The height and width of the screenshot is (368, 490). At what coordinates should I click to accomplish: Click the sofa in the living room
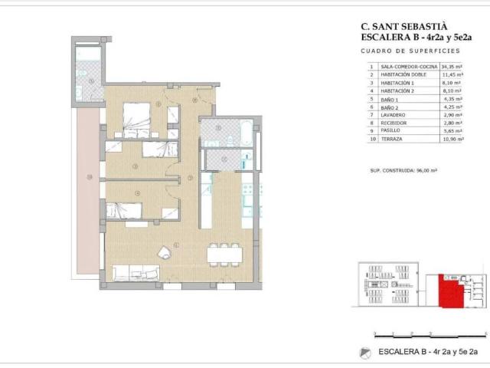pos(136,271)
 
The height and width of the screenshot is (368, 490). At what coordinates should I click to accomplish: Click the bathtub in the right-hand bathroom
pos(229,129)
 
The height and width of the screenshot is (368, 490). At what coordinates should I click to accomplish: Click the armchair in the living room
pos(164,254)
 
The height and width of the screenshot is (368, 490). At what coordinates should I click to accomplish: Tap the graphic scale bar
pos(429,334)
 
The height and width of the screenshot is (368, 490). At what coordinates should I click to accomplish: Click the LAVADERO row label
pos(395,114)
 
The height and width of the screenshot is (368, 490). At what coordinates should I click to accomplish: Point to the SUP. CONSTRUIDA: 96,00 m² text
pos(403,170)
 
